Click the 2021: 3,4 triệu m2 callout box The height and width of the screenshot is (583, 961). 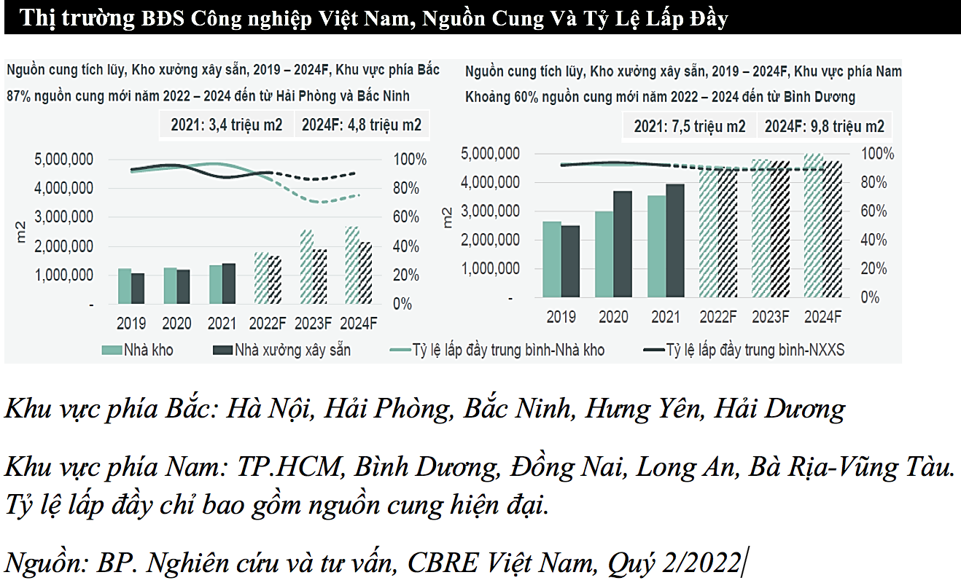(x=227, y=125)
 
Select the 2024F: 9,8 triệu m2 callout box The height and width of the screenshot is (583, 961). (x=824, y=126)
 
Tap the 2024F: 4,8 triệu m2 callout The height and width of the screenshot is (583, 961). (x=362, y=125)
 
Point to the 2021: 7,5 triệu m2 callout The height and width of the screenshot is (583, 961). (x=690, y=126)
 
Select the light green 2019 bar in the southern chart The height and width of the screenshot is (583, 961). (x=552, y=259)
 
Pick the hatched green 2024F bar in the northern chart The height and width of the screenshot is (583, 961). (x=352, y=265)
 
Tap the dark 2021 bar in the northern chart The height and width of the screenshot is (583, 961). (x=228, y=283)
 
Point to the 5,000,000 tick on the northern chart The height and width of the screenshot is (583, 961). (x=63, y=159)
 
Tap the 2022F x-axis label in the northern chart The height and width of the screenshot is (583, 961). (x=268, y=323)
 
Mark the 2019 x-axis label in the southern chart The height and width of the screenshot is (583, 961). (x=561, y=317)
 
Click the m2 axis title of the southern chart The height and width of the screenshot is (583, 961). (x=450, y=216)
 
